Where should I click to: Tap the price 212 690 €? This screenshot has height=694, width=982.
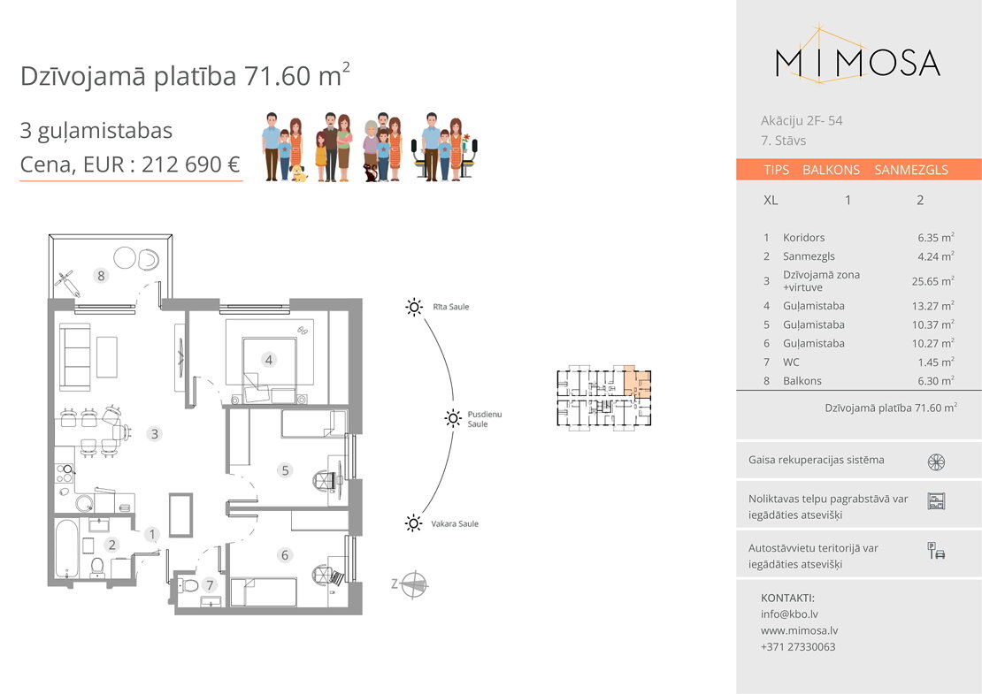[191, 164]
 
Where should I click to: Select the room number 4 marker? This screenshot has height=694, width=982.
[269, 360]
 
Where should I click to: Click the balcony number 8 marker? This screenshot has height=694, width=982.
[101, 275]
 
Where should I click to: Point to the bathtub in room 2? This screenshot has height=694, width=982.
[66, 550]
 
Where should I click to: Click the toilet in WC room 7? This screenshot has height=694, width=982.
[188, 585]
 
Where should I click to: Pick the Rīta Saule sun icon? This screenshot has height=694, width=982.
[413, 307]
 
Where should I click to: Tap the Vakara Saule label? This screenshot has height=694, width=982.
[455, 523]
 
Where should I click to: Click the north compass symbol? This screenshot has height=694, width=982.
[413, 584]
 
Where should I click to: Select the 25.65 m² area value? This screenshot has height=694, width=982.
[933, 281]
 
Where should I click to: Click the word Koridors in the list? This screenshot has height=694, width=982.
[803, 238]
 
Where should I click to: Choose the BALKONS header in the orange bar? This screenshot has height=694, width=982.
[831, 170]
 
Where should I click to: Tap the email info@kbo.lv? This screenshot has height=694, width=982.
[789, 614]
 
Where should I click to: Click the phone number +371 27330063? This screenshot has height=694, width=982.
[798, 646]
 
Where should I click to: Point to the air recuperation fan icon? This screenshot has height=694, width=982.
[936, 461]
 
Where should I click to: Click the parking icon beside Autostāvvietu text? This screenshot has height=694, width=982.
[936, 551]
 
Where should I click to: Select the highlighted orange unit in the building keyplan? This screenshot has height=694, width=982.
[637, 382]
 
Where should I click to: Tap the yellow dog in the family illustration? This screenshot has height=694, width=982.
[299, 173]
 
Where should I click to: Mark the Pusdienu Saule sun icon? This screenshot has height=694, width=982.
[453, 418]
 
